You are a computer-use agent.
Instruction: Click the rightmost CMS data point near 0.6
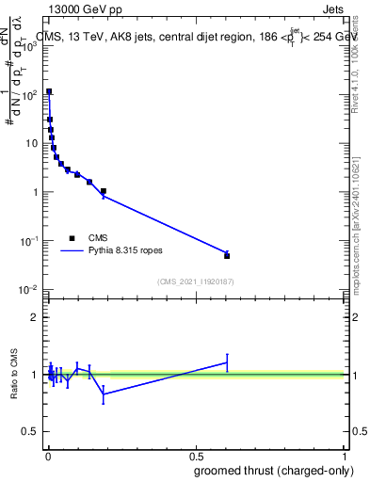point(227,255)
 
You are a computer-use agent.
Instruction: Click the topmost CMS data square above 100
point(49,92)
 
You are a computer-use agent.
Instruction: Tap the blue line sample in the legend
point(72,251)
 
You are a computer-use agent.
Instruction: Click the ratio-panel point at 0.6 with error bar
point(227,361)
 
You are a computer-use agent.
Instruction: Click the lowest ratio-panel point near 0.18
point(104,394)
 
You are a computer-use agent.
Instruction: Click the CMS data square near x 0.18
point(104,191)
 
